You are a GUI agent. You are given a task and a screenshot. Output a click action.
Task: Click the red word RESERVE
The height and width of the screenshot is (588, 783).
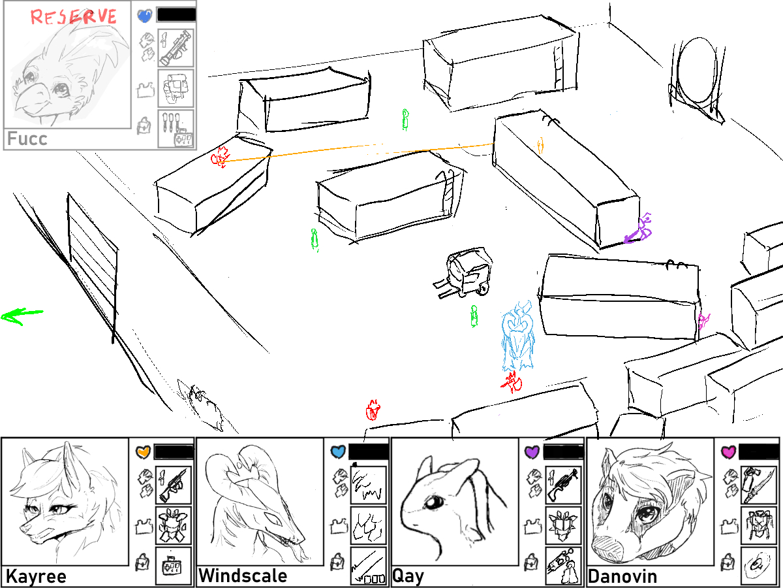74,17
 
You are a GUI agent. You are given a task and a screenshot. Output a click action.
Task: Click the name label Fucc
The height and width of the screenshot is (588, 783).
27,139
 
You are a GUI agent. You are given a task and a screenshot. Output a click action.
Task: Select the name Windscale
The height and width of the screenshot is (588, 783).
243,576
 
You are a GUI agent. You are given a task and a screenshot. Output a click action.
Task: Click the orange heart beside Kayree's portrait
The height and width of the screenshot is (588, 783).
143,451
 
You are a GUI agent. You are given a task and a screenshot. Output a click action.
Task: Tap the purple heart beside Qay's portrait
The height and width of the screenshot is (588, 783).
532,452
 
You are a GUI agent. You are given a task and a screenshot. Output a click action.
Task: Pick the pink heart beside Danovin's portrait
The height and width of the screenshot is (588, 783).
728,452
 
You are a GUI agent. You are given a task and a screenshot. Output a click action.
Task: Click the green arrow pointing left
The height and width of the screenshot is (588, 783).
22,316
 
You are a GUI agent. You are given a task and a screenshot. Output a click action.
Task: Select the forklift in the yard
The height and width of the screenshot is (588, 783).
464,273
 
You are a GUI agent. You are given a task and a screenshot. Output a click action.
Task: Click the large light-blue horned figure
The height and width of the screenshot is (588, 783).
517,336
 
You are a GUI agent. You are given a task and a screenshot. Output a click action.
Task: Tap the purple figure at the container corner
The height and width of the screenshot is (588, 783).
639,229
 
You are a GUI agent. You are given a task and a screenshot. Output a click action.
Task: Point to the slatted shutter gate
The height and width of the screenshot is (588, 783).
92,266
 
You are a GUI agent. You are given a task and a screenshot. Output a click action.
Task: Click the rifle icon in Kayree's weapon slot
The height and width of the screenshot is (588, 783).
174,485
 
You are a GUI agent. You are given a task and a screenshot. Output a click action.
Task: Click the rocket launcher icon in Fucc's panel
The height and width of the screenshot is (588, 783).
176,48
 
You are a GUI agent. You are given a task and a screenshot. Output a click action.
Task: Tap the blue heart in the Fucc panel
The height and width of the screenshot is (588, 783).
145,16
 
